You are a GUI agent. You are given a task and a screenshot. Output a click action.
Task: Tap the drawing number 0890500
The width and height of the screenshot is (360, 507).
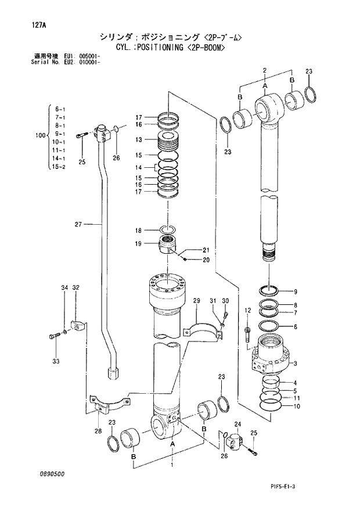pyautogui.click(x=52, y=474)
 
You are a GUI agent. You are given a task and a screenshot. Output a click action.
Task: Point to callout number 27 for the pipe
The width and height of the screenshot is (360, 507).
pyautogui.click(x=79, y=224)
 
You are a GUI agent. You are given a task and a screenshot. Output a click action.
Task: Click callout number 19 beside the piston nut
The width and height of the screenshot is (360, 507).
pyautogui.click(x=139, y=244)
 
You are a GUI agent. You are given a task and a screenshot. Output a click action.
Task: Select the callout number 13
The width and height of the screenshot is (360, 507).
pyautogui.click(x=139, y=140)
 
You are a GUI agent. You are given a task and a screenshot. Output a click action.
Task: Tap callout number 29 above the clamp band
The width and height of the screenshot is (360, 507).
pyautogui.click(x=196, y=300)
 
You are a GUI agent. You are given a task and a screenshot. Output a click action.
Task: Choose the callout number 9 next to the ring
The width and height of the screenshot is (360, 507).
pyautogui.click(x=296, y=292)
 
